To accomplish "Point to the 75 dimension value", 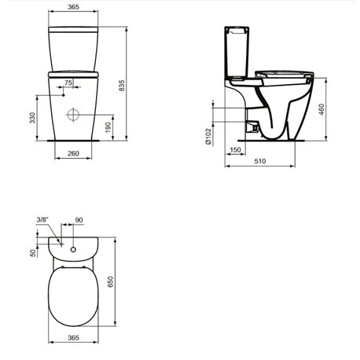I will (x=68, y=83).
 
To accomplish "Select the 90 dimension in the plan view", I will (x=79, y=219).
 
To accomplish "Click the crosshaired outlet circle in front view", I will (x=74, y=115).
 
